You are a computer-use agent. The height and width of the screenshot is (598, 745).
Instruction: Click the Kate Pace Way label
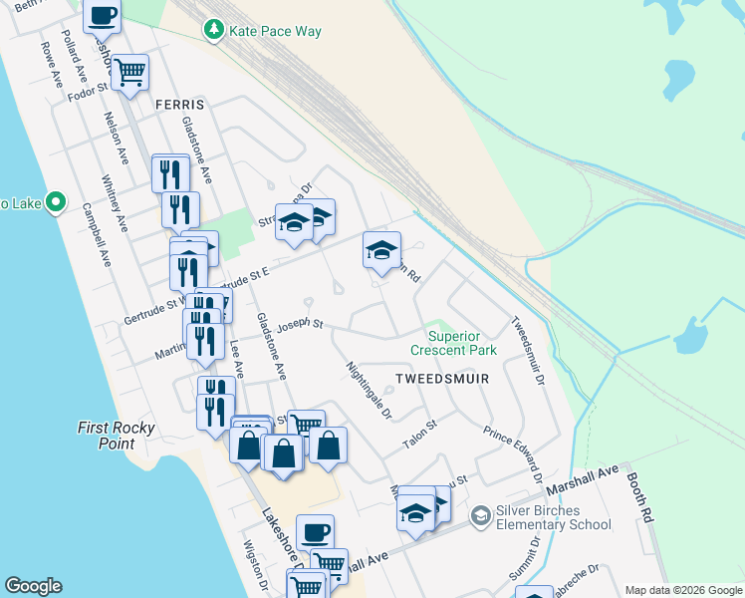tap(275, 31)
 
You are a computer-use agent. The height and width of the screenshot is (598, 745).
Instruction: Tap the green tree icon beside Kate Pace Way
tap(213, 31)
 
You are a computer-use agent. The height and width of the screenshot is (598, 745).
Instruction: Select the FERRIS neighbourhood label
tap(179, 104)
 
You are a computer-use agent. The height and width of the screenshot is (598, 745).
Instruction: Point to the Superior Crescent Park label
tap(461, 343)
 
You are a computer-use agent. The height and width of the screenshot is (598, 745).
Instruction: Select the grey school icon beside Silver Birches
tap(482, 515)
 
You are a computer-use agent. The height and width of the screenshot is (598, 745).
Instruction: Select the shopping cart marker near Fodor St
tap(129, 72)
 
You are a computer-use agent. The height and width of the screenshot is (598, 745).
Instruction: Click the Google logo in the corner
tap(33, 586)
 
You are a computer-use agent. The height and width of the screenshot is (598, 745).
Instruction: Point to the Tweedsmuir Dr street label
tap(528, 351)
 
